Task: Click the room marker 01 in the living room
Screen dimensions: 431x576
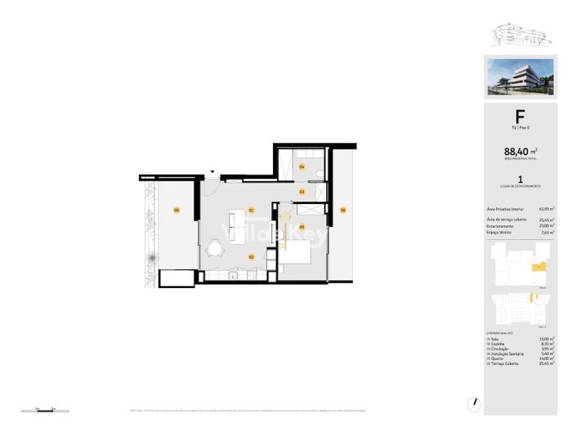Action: (x=252, y=210)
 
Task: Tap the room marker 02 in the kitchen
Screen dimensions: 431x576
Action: (x=252, y=256)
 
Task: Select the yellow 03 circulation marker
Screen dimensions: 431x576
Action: (x=301, y=192)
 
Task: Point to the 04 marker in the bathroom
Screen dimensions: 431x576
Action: (x=301, y=167)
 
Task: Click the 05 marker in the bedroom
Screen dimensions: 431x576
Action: (x=301, y=226)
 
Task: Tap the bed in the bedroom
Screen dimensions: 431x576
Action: (x=296, y=254)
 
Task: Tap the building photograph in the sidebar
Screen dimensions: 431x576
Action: (x=520, y=77)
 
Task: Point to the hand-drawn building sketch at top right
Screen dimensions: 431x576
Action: (x=520, y=34)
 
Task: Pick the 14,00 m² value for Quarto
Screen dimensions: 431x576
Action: (x=547, y=358)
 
